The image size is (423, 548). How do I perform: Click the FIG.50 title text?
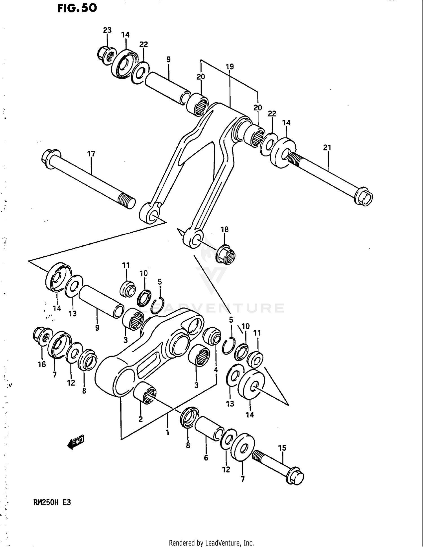pyautogui.click(x=77, y=8)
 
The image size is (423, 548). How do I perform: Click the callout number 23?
pyautogui.click(x=107, y=30)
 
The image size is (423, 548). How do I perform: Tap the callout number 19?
pyautogui.click(x=230, y=67)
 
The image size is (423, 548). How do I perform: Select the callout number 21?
pyautogui.click(x=327, y=147)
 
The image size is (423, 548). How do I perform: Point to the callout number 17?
pyautogui.click(x=91, y=154)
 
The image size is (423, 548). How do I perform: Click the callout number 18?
pyautogui.click(x=224, y=229)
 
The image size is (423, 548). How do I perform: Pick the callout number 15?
pyautogui.click(x=282, y=448)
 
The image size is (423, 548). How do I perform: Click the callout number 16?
pyautogui.click(x=42, y=364)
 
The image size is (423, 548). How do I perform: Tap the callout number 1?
pyautogui.click(x=167, y=432)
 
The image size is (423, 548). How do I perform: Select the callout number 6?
pyautogui.click(x=206, y=458)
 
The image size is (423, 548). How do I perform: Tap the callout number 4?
pyautogui.click(x=216, y=370)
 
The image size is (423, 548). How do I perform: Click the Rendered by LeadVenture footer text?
pyautogui.click(x=211, y=543)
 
